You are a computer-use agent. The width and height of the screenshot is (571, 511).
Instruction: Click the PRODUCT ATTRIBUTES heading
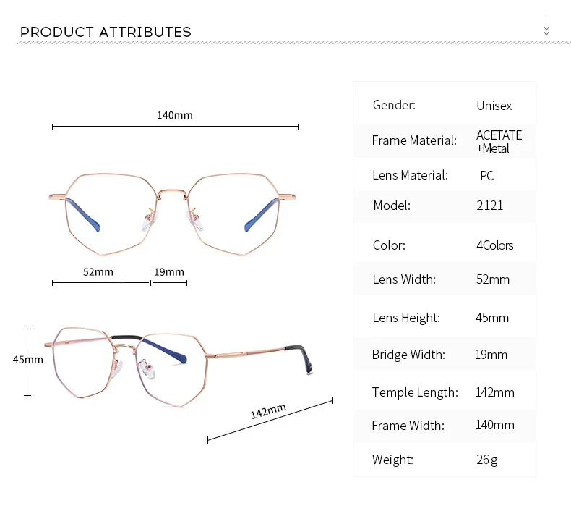click(x=106, y=32)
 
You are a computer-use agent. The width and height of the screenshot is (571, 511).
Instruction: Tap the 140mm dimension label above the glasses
click(x=174, y=115)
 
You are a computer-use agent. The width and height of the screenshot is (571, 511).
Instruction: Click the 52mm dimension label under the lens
click(x=98, y=272)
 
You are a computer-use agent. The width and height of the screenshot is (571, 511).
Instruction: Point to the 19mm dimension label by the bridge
click(x=169, y=272)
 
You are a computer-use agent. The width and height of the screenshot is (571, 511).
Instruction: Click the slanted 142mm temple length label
click(x=268, y=412)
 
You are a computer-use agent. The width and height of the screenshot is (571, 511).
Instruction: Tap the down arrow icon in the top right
click(x=546, y=25)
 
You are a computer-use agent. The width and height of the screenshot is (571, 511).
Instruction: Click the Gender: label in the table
click(x=394, y=105)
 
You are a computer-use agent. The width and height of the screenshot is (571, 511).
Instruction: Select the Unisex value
click(x=494, y=106)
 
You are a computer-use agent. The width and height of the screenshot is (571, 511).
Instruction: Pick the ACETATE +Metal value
click(x=499, y=142)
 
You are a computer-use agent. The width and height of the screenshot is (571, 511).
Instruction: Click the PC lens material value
click(x=486, y=176)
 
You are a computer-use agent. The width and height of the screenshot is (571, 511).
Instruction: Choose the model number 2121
click(x=489, y=206)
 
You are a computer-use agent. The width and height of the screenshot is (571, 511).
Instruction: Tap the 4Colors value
click(x=494, y=245)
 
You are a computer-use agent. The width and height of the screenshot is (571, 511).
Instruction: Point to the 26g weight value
click(x=486, y=460)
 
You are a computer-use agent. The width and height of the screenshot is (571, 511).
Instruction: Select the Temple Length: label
click(x=415, y=392)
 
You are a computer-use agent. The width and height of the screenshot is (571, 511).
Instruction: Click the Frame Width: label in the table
click(x=408, y=426)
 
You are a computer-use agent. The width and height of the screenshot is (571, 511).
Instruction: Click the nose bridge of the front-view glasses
click(x=173, y=190)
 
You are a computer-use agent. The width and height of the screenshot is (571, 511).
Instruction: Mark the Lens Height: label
click(x=405, y=318)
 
